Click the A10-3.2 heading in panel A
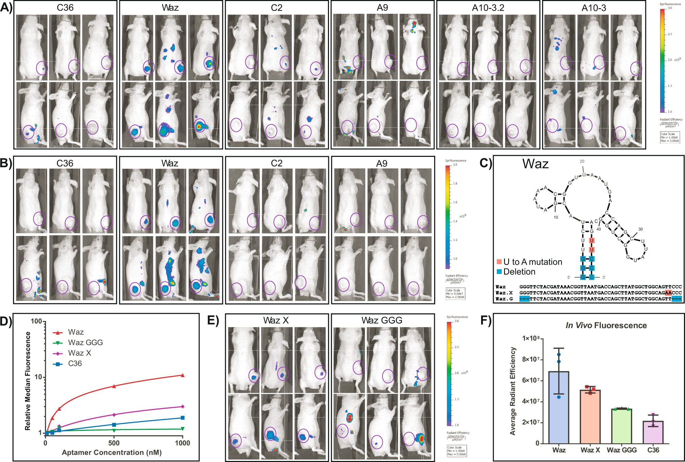[x=488, y=8]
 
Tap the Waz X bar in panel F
[x=590, y=416]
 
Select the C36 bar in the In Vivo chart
[x=653, y=432]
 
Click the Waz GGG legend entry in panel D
[x=85, y=342]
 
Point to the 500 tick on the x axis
[x=114, y=443]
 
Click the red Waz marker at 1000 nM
[x=182, y=375]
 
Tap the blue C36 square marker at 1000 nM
[x=183, y=418]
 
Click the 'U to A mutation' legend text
[x=533, y=262]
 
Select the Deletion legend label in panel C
[x=519, y=272]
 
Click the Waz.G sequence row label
[x=504, y=299]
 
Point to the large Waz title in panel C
[x=535, y=164]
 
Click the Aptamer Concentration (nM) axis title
[x=112, y=452]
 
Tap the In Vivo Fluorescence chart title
[x=606, y=325]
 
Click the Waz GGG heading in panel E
[x=382, y=320]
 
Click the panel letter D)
[x=6, y=321]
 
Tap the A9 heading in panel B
[x=382, y=164]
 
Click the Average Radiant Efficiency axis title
[x=513, y=391]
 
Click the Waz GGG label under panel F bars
[x=622, y=450]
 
